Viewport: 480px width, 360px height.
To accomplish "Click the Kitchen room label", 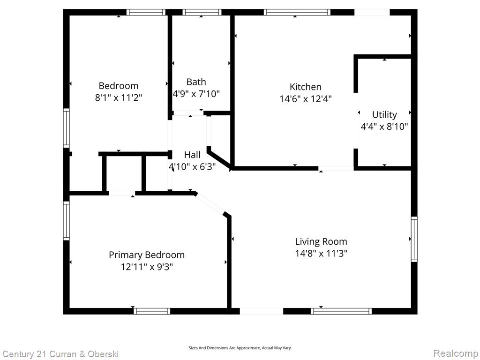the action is coord(306,87).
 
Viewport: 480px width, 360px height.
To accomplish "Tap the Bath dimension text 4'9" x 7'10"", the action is coord(196,94).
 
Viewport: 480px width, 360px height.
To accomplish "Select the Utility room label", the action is coord(384,115).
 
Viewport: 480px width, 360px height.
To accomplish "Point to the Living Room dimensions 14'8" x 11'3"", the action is coord(321,254).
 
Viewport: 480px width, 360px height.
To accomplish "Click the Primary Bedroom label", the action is coord(147,255).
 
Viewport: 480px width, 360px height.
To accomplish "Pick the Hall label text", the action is coord(192,155).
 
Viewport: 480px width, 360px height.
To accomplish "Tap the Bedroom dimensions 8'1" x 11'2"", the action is coord(119,97).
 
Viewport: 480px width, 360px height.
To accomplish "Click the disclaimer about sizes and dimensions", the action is coord(240,348).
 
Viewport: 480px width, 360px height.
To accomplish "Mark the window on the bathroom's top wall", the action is coord(202,12).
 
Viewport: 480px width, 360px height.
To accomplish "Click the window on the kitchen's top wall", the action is coord(297,12).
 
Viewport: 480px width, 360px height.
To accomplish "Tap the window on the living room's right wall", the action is coord(414,239).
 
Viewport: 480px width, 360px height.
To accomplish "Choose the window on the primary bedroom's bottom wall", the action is coord(152,311).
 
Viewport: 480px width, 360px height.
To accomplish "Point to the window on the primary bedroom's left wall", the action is coord(67,220).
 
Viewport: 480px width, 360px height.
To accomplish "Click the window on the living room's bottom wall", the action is coord(341,311).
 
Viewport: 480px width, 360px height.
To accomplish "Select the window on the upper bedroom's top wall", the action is coord(146,12).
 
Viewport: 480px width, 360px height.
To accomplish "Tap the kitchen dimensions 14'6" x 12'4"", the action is coord(306,99).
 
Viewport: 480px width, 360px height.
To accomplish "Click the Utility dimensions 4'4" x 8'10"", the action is coord(384,127).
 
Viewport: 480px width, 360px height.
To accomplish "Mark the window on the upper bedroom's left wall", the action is coord(67,128).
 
